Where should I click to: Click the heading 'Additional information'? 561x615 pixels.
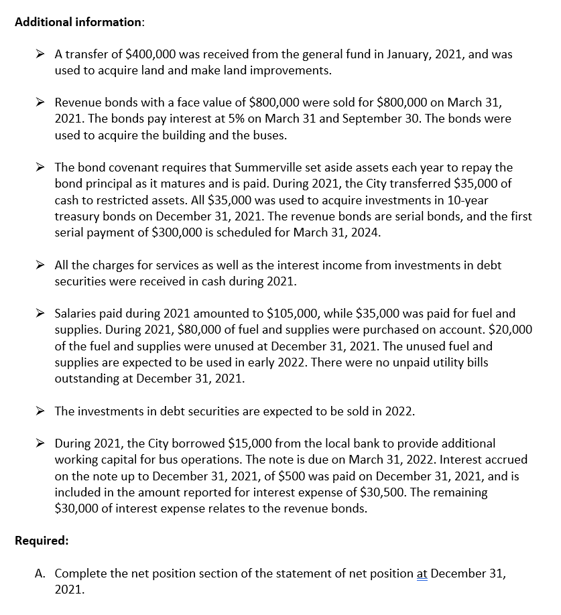pyautogui.click(x=78, y=21)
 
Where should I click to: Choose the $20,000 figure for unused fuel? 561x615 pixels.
pyautogui.click(x=508, y=330)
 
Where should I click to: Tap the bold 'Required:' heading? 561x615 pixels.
pyautogui.click(x=42, y=541)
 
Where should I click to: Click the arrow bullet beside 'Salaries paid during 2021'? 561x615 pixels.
pyautogui.click(x=41, y=314)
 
